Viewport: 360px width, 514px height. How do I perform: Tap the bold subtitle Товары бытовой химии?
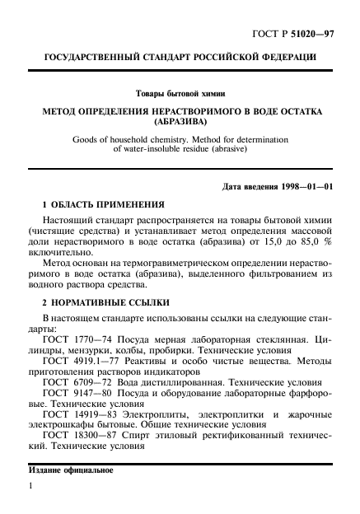[x=180, y=93]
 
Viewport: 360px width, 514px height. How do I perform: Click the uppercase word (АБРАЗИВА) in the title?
[x=180, y=120]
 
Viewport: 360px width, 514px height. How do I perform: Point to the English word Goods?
[x=89, y=141]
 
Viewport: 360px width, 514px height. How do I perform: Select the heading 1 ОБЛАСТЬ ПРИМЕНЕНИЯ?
[x=103, y=204]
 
